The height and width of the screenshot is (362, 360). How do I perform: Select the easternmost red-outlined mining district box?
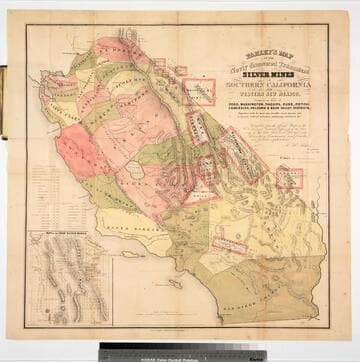289,179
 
